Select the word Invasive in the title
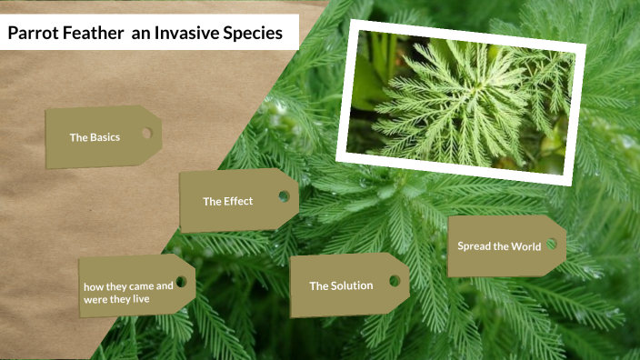point(185,34)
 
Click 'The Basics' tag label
point(95,137)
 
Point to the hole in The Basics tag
point(145,134)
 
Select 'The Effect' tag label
point(227,201)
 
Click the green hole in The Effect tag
point(284,196)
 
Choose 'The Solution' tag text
point(341,285)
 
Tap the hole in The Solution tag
point(395,281)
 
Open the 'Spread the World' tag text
point(498,246)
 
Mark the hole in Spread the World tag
point(551,245)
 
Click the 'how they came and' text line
point(128,285)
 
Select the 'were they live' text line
point(116,298)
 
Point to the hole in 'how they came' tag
point(180,283)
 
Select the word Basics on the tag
point(105,137)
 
